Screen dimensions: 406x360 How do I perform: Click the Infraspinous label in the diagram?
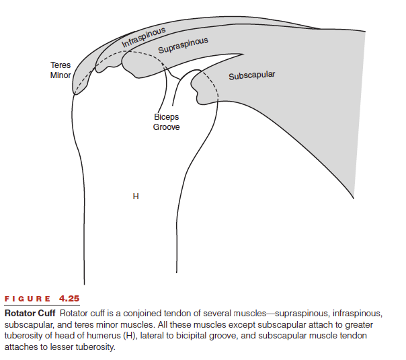pyautogui.click(x=143, y=37)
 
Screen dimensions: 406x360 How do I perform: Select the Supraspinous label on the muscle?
pyautogui.click(x=183, y=45)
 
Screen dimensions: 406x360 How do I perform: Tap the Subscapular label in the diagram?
pyautogui.click(x=251, y=75)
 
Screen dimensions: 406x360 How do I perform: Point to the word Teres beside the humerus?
pyautogui.click(x=60, y=65)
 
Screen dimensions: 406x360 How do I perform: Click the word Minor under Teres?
pyautogui.click(x=60, y=75)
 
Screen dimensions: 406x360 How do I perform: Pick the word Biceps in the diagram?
pyautogui.click(x=166, y=117)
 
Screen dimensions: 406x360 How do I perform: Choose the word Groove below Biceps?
pyautogui.click(x=166, y=127)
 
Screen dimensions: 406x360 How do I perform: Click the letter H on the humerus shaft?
pyautogui.click(x=136, y=196)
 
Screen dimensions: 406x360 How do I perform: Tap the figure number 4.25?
pyautogui.click(x=69, y=299)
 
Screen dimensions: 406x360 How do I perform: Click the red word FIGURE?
pyautogui.click(x=27, y=299)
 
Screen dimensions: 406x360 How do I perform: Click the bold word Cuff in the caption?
pyautogui.click(x=46, y=314)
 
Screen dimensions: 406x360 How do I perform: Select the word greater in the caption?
pyautogui.click(x=359, y=325)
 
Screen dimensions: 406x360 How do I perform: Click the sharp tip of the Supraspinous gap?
pyautogui.click(x=243, y=55)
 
